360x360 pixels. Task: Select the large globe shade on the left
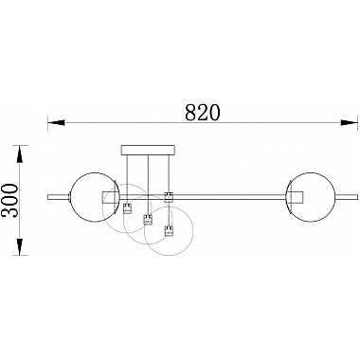tap(93, 197)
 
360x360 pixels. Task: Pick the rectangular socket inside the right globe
tap(294, 197)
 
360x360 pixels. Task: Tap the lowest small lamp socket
tap(170, 232)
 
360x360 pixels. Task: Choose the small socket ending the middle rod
tap(147, 220)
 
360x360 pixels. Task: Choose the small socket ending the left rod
tap(128, 209)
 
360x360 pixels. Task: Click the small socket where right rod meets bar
tap(169, 197)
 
